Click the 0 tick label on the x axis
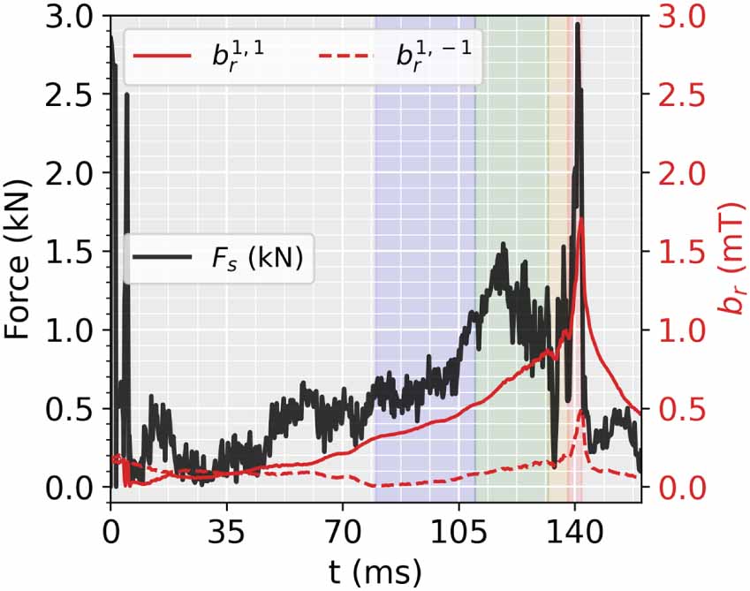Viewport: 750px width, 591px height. point(110,533)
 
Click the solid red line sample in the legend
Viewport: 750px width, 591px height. point(161,55)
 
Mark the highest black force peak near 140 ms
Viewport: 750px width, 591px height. point(578,25)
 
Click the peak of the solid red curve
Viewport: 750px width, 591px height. point(580,218)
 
